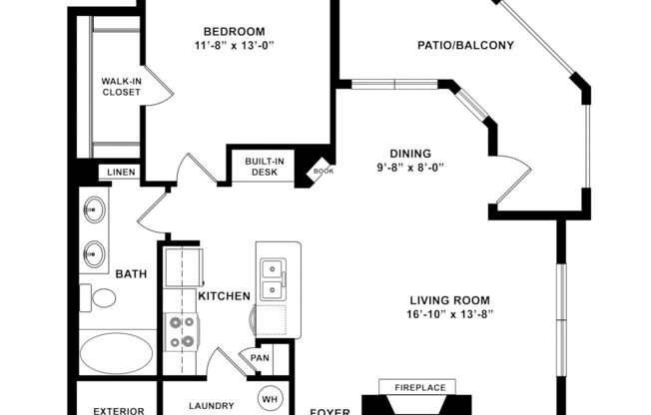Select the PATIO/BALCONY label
pyautogui.click(x=465, y=45)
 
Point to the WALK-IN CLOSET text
pyautogui.click(x=121, y=87)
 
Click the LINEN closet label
pyautogui.click(x=119, y=174)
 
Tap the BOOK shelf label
pyautogui.click(x=322, y=171)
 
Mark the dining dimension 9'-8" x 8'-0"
pyautogui.click(x=408, y=168)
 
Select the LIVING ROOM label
pyautogui.click(x=451, y=299)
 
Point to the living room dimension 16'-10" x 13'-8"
pyautogui.click(x=451, y=314)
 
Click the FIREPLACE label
pyautogui.click(x=417, y=387)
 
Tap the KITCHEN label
pyautogui.click(x=224, y=297)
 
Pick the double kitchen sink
pyautogui.click(x=271, y=278)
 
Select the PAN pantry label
pyautogui.click(x=260, y=357)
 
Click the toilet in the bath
pyautogui.click(x=101, y=297)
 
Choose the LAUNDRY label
pyautogui.click(x=211, y=406)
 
